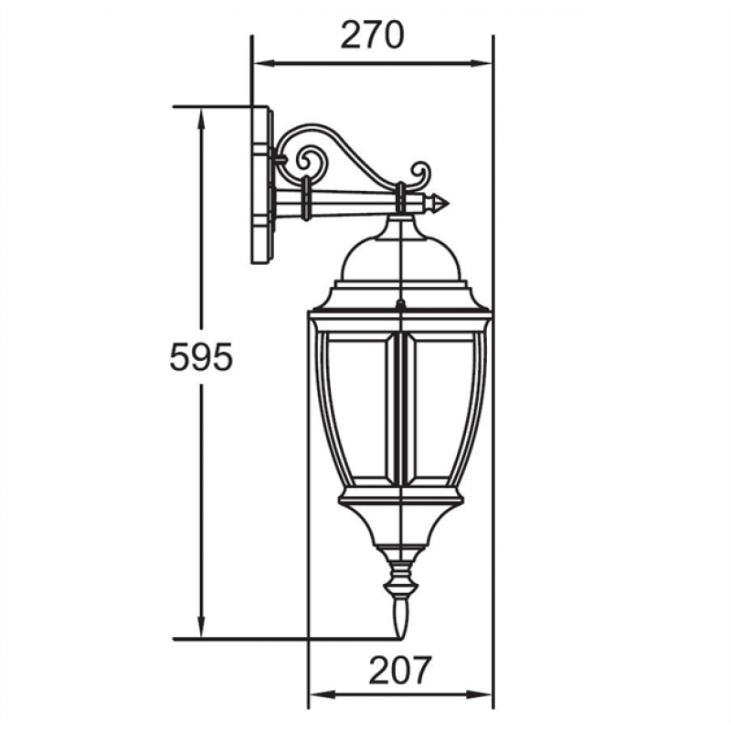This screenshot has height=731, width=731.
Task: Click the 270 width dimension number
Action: coord(372,36)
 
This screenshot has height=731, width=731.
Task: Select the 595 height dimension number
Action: coord(201,357)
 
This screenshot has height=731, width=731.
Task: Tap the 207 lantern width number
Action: coord(400,671)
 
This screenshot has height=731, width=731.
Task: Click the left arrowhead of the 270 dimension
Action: coord(264,63)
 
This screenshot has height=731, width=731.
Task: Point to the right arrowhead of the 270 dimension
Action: coord(482,63)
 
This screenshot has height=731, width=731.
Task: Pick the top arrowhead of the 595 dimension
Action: coord(201,119)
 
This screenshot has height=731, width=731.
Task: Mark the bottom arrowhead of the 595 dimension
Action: coord(201,627)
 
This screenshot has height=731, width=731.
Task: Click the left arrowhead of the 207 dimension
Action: coord(322,695)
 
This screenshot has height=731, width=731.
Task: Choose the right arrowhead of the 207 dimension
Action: coord(482,695)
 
